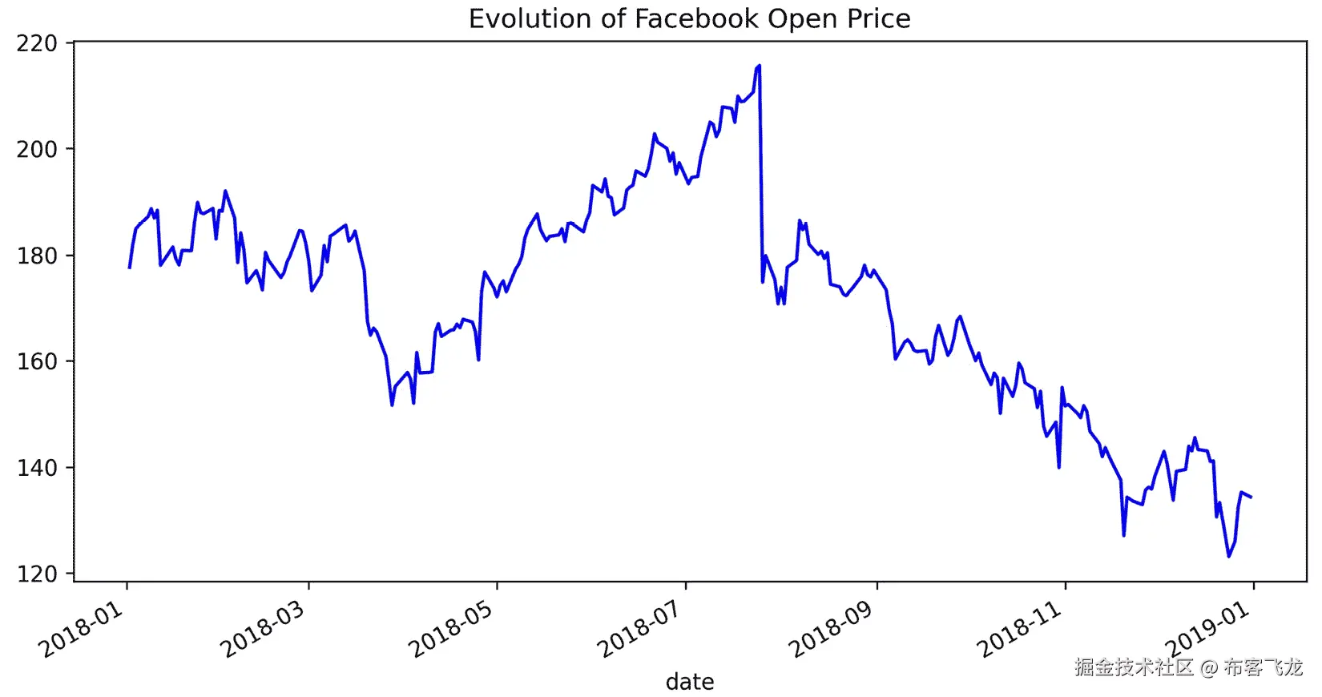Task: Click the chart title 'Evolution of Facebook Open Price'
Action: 689,19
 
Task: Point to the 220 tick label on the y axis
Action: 37,43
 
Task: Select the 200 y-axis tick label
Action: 37,150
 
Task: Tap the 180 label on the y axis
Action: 37,256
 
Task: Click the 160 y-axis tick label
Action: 37,362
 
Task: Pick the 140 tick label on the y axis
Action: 37,469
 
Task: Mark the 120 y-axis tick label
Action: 37,574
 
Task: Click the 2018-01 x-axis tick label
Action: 81,630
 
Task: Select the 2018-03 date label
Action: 263,630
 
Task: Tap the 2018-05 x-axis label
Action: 451,630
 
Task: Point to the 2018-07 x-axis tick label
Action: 639,630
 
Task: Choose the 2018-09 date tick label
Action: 831,630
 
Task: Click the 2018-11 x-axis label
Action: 1019,630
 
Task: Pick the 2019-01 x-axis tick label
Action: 1207,630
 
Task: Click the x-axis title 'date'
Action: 689,682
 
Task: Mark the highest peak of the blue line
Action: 759,66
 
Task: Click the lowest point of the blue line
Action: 1228,557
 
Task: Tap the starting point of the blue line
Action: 129,268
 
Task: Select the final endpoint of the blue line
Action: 1251,498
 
